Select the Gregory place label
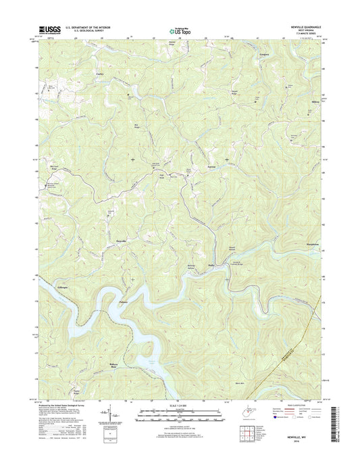point(265,51)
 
